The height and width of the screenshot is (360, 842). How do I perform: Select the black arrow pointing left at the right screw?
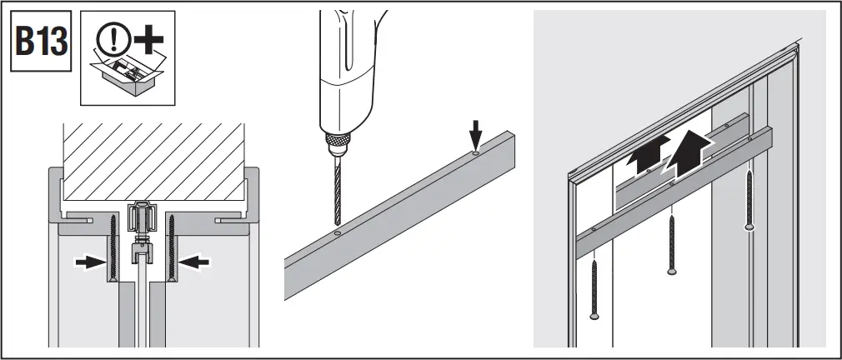point(198,262)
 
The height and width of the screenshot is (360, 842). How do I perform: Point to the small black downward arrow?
point(474,132)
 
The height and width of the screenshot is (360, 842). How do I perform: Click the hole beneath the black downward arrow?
point(474,152)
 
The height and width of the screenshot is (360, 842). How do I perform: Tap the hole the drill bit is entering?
point(335,236)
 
